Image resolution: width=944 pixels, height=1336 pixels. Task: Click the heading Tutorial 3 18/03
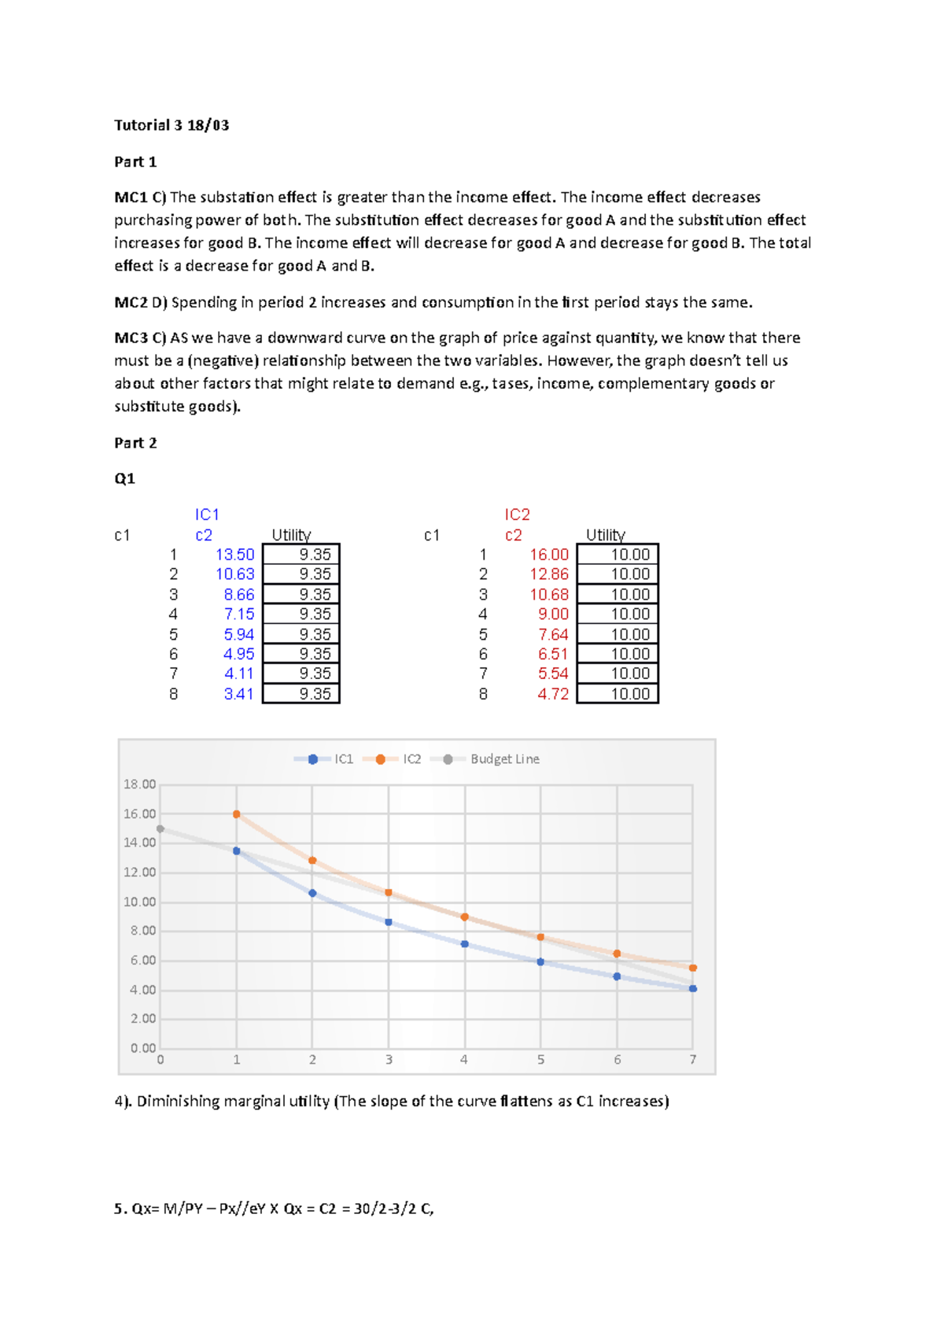(171, 125)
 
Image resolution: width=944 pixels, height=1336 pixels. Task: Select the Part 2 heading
(135, 443)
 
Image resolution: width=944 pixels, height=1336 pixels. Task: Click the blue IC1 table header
(207, 515)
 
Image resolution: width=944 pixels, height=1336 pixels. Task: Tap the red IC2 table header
(517, 515)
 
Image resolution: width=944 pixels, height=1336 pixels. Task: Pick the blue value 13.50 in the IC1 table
(234, 555)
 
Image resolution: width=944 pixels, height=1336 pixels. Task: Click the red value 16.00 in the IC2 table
(548, 555)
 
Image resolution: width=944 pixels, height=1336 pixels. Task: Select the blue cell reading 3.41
(238, 694)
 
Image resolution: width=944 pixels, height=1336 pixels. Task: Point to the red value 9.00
(553, 614)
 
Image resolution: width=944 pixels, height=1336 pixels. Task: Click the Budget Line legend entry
(503, 759)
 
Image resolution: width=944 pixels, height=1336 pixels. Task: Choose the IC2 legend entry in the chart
(411, 759)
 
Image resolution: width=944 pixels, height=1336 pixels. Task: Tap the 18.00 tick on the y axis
(139, 784)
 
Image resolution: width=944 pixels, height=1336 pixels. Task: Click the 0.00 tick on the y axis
(142, 1048)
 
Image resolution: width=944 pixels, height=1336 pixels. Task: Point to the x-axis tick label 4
(464, 1060)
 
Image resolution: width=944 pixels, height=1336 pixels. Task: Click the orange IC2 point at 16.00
(237, 814)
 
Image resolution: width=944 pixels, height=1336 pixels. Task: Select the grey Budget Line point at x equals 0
(160, 829)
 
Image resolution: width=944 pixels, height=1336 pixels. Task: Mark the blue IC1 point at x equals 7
(693, 988)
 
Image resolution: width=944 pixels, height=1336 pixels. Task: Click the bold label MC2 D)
(141, 303)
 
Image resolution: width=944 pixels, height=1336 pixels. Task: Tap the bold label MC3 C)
(140, 338)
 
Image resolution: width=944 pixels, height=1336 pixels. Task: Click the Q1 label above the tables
(124, 478)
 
